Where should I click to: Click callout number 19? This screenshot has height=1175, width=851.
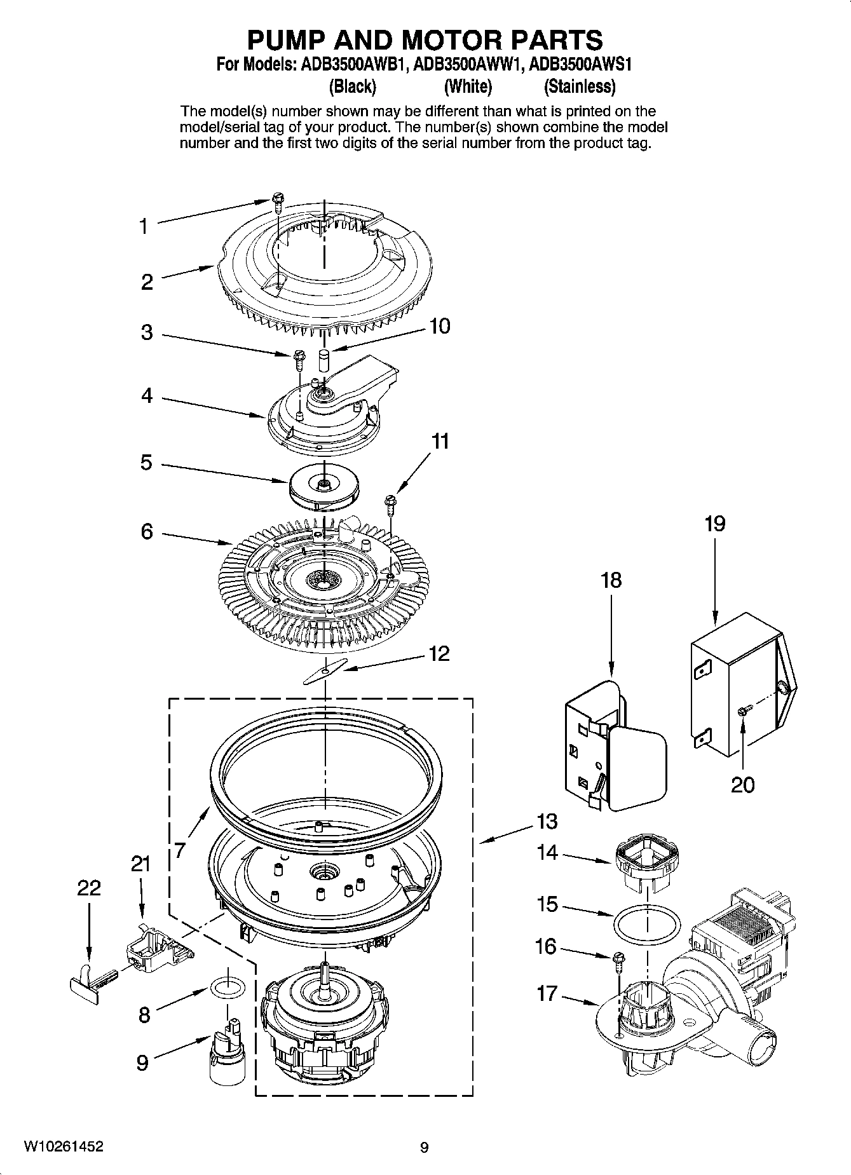pos(714,524)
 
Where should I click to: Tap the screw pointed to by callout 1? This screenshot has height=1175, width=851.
pos(278,200)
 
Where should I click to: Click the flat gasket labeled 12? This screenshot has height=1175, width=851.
pos(325,672)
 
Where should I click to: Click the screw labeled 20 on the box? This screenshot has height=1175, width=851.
pos(743,712)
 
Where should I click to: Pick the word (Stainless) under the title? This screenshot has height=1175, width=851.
pos(579,86)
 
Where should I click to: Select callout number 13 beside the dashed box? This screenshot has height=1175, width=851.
pos(546,821)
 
